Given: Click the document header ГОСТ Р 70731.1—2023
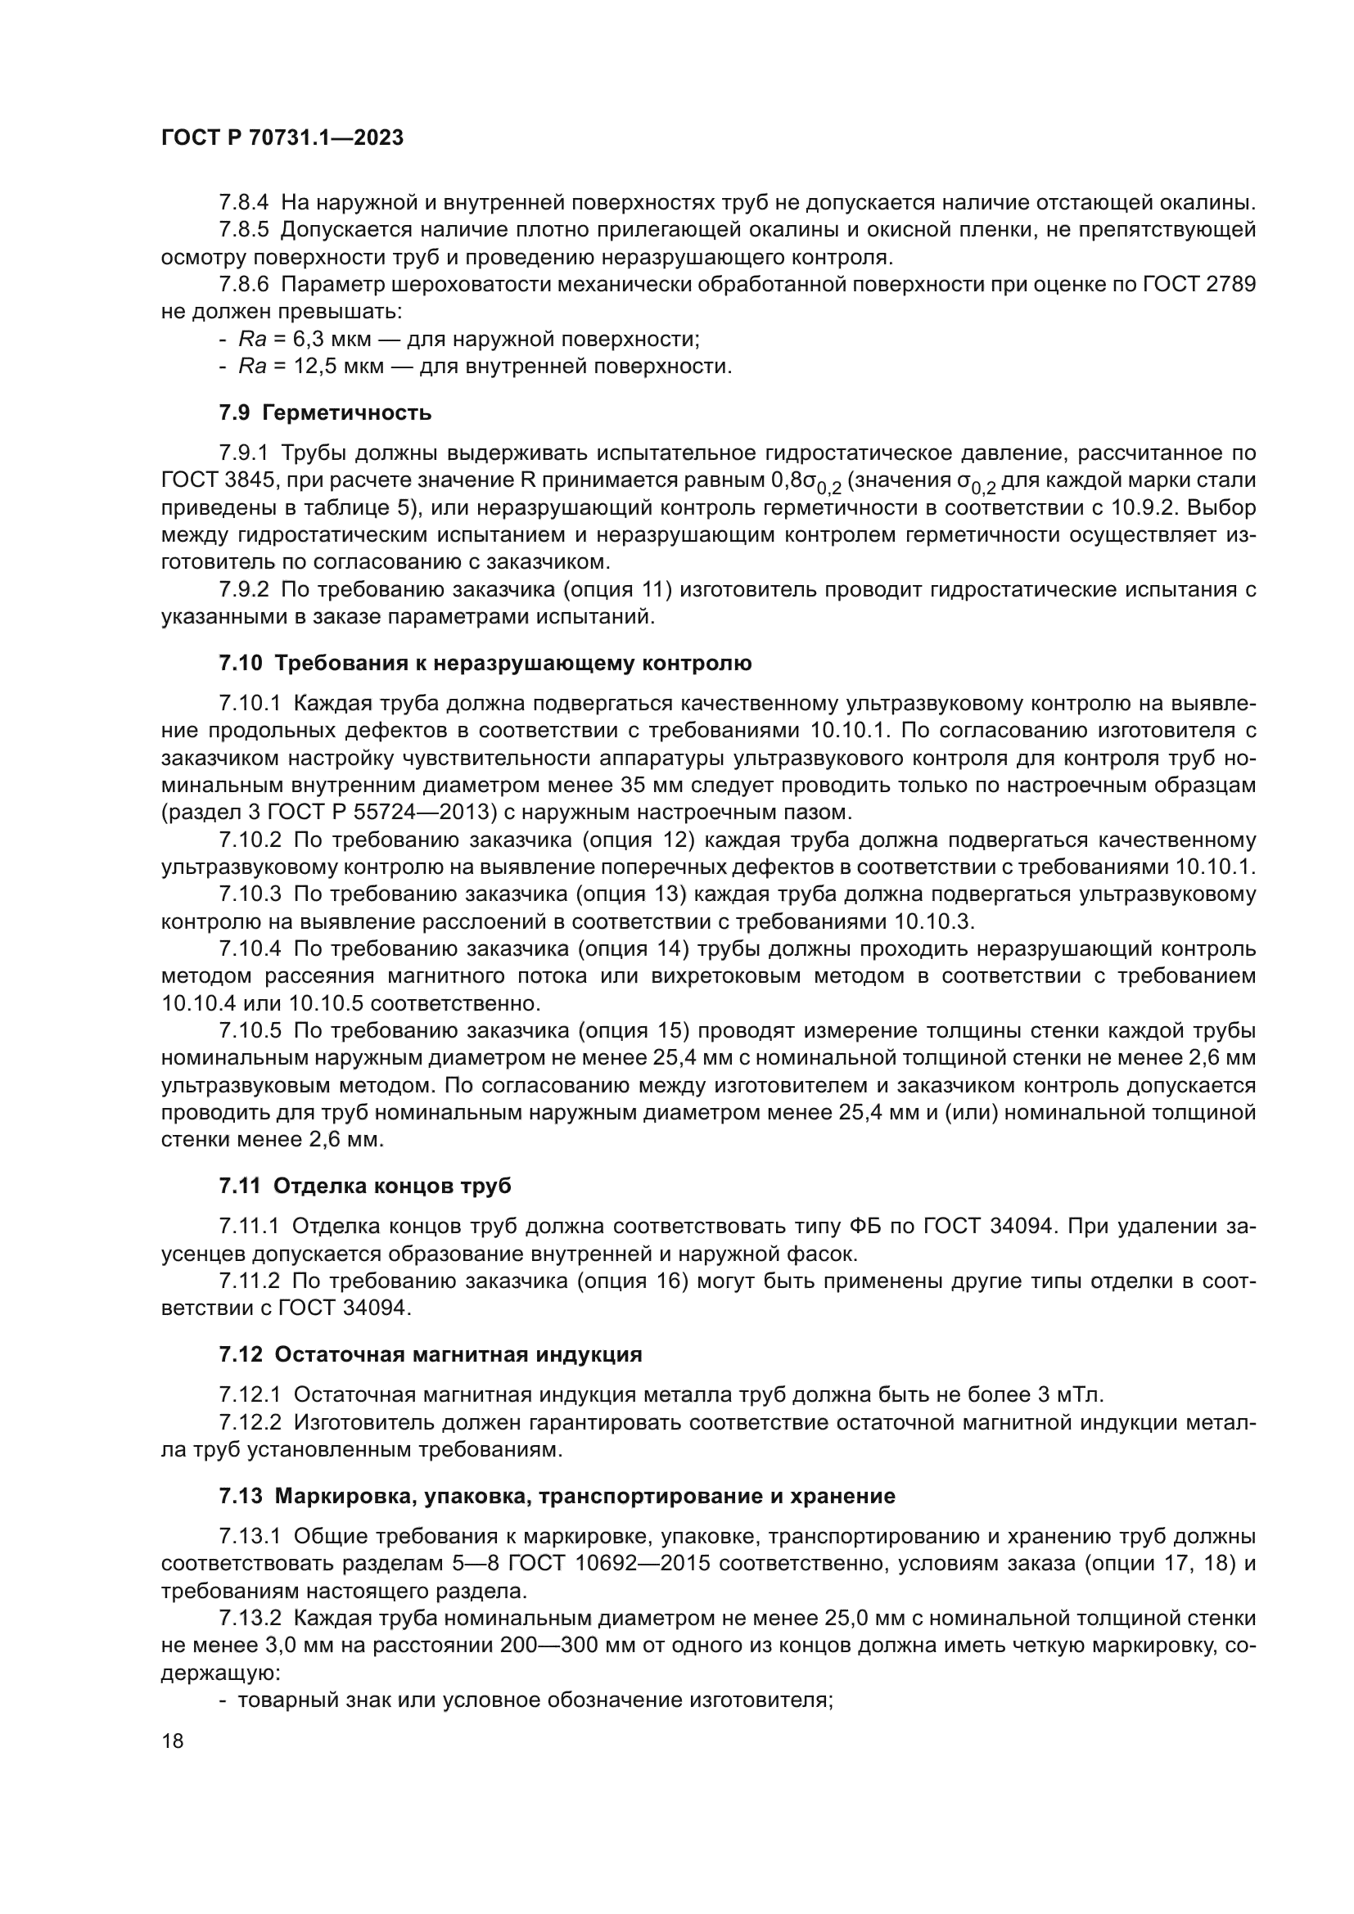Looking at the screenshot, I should (282, 138).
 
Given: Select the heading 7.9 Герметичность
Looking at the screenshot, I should (325, 412).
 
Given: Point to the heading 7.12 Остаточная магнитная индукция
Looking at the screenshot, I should (431, 1353).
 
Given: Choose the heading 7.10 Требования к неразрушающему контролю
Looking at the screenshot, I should (485, 664).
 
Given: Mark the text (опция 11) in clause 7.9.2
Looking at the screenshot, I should (618, 590).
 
